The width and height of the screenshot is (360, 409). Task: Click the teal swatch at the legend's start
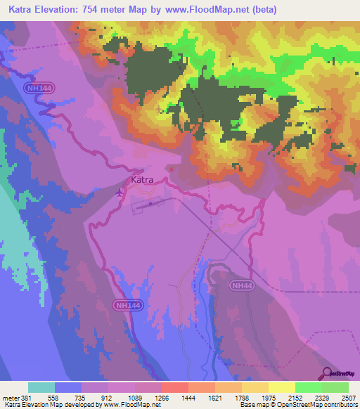[x=41, y=387]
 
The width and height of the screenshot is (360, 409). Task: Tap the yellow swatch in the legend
[x=281, y=387]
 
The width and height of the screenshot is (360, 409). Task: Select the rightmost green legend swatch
[x=335, y=387]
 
